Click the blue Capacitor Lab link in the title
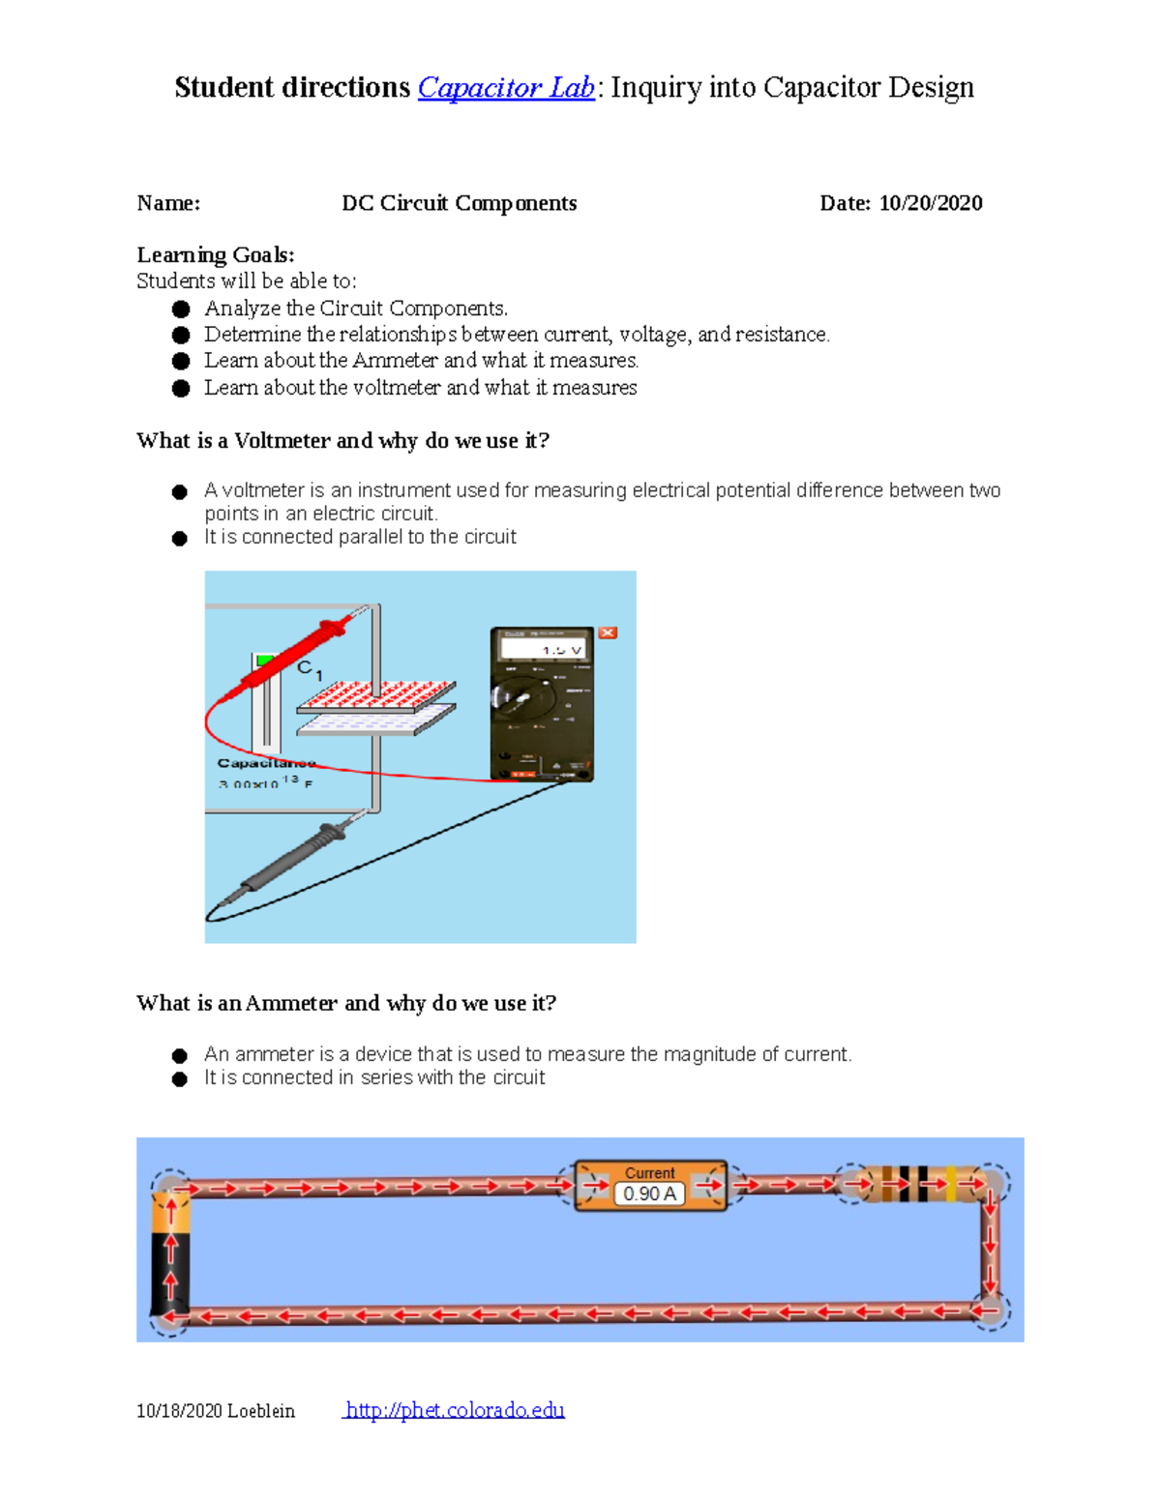coord(505,88)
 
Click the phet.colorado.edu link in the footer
coord(455,1410)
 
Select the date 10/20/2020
coord(930,203)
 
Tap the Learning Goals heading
coord(215,255)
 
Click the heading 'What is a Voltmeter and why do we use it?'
coord(342,441)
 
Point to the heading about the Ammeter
coord(345,1003)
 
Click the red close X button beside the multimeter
coord(608,633)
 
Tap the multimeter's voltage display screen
coord(542,649)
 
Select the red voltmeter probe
coord(290,658)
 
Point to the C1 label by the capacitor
coord(309,669)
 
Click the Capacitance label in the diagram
coord(265,763)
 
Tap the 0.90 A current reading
coord(649,1193)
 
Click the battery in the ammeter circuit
coord(170,1252)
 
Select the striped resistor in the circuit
coord(919,1184)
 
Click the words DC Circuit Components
coord(459,203)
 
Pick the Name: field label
coord(168,203)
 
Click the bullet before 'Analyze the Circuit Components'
coord(181,309)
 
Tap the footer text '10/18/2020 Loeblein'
coord(215,1411)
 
